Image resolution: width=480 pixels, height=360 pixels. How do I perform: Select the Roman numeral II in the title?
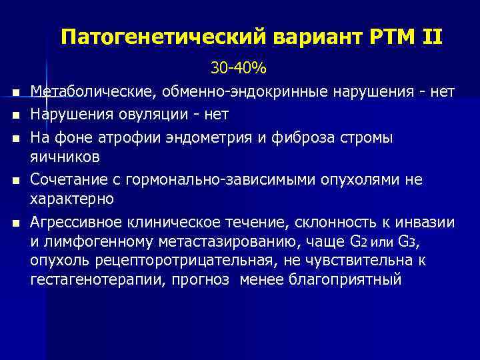click(429, 37)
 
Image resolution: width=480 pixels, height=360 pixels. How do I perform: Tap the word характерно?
click(72, 199)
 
